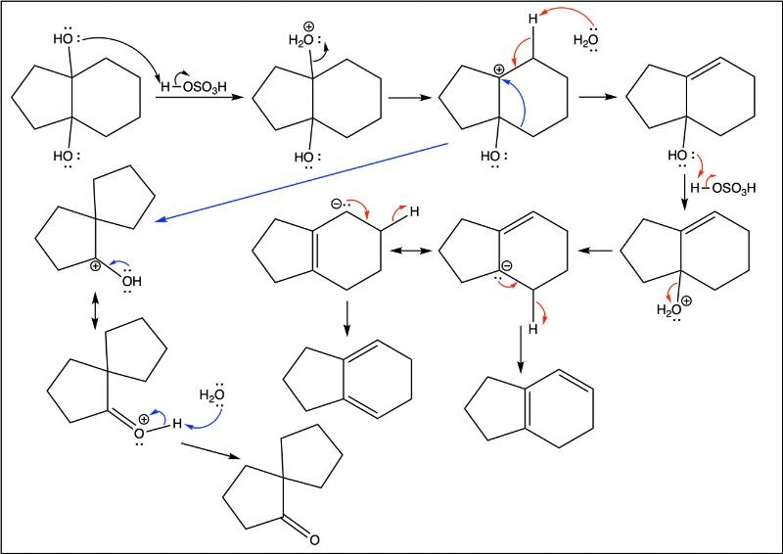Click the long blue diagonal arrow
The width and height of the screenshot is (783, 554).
coord(302,182)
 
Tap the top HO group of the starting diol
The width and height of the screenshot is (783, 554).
coord(64,38)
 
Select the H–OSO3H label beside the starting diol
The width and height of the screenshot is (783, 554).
coord(193,87)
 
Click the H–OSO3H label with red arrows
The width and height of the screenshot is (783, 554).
coord(722,188)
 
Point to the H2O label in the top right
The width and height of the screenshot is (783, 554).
coord(585,40)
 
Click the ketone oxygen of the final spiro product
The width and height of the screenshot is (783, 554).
coord(313,539)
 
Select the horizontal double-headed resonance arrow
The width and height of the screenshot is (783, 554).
coord(410,251)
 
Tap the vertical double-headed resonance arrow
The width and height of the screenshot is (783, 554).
coord(95,311)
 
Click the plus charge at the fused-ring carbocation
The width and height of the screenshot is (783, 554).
coord(499,69)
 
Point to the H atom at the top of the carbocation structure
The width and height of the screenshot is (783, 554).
coord(533,19)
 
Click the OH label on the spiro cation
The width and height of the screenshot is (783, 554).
coord(131,281)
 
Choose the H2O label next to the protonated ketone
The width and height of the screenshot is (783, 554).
coord(211,394)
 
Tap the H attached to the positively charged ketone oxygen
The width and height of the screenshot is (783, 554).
coord(177,424)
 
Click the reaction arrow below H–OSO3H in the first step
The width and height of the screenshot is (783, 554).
coord(201,98)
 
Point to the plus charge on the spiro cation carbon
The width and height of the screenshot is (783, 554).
coord(95,266)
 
